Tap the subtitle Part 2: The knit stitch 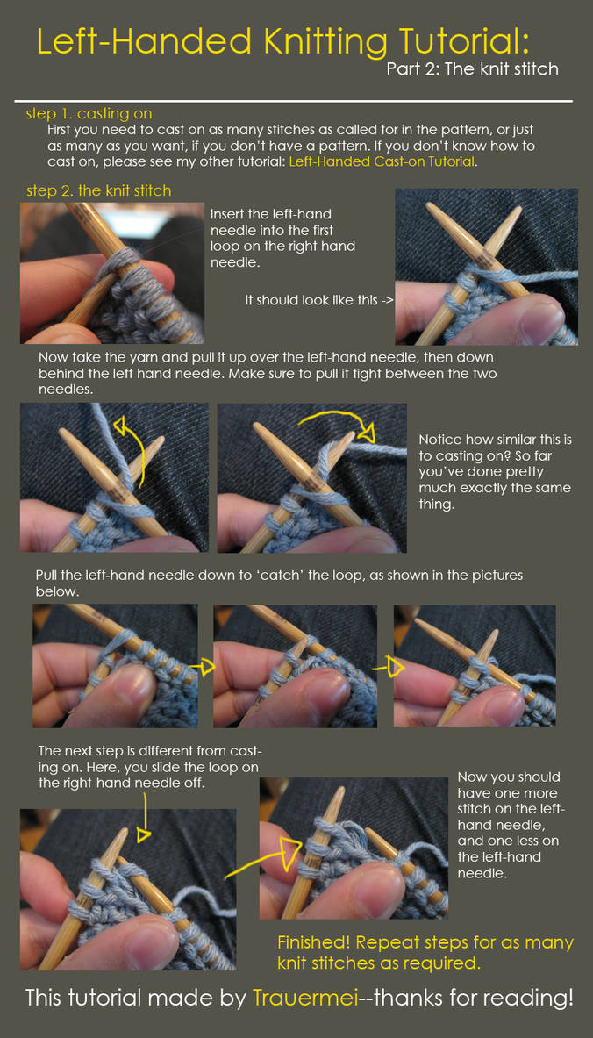click(x=473, y=68)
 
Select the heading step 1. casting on click(x=89, y=114)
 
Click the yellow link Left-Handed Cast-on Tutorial click(x=382, y=161)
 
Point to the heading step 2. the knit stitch click(x=98, y=190)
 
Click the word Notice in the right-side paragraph click(x=440, y=440)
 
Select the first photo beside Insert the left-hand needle click(x=112, y=272)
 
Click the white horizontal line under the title click(x=293, y=101)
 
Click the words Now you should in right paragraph click(x=508, y=777)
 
